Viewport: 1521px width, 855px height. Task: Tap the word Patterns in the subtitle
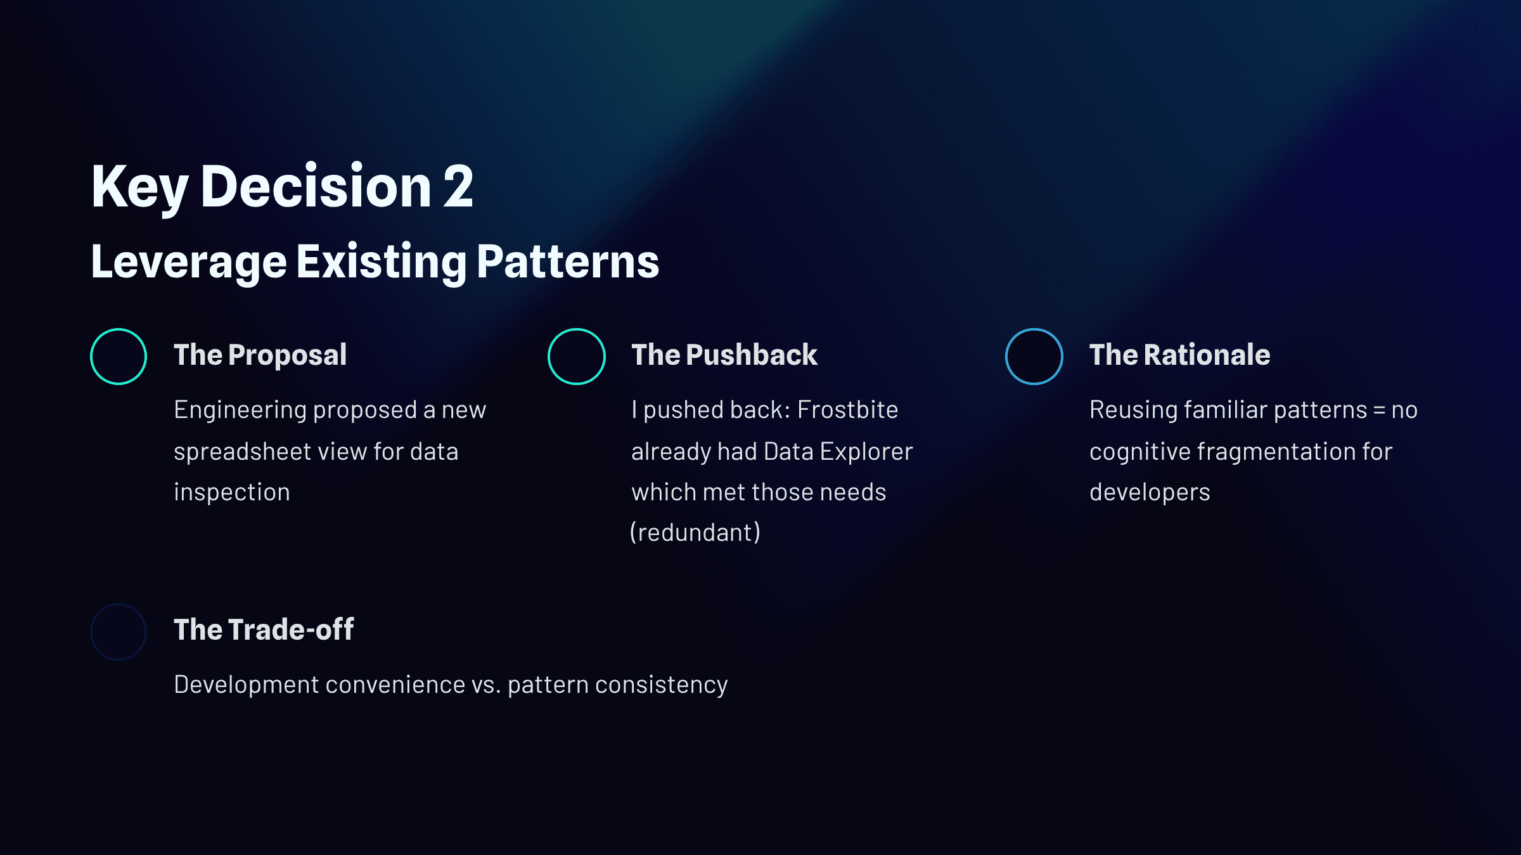568,262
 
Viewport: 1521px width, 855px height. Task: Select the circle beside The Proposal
119,329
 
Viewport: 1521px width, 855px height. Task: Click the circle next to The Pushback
576,329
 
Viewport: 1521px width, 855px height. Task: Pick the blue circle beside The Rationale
1034,329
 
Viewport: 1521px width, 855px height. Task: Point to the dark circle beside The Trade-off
119,604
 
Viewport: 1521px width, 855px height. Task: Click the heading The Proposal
260,355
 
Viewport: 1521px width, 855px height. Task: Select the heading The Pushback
724,355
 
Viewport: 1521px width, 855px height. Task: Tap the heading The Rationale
1180,355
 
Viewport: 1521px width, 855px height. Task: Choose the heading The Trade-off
264,630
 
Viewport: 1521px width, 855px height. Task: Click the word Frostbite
848,410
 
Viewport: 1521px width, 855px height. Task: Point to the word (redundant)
695,533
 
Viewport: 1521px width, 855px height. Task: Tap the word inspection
232,493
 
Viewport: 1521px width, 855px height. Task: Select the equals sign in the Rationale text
1380,410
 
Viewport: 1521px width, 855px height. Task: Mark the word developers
1150,493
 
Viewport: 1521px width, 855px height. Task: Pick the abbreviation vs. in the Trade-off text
486,685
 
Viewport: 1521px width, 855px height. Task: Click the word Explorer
866,452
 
